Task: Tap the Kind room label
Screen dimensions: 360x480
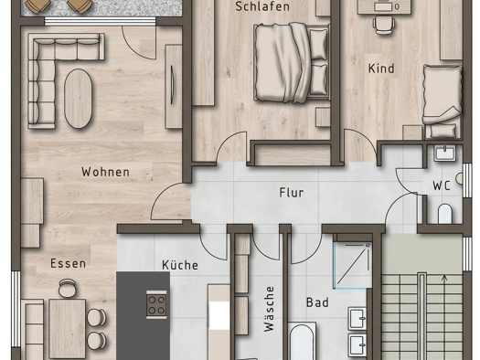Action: click(382, 69)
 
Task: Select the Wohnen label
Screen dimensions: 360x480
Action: click(105, 172)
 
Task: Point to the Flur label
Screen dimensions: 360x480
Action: click(291, 193)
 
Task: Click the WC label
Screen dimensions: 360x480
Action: click(443, 185)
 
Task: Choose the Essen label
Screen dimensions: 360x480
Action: click(68, 263)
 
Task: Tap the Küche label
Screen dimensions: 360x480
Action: click(180, 265)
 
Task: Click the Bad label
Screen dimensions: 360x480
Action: click(317, 302)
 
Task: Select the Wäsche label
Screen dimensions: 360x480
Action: click(269, 310)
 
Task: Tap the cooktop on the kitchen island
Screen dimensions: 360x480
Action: click(156, 304)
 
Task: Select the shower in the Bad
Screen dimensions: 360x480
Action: click(353, 264)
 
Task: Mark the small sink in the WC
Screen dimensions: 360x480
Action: click(445, 152)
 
